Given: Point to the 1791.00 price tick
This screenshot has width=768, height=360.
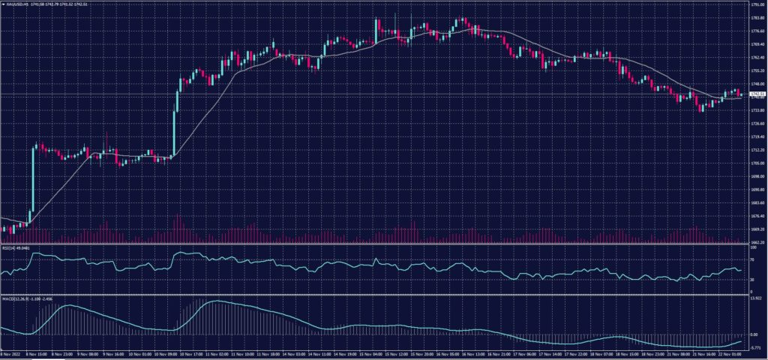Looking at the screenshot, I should point(757,4).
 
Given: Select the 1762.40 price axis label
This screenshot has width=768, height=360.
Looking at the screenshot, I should point(757,57).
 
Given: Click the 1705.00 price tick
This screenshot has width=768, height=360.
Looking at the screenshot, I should point(757,163).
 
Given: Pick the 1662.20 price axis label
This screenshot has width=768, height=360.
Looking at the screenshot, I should point(757,242).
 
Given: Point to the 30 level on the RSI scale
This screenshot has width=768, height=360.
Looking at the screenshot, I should point(753,280).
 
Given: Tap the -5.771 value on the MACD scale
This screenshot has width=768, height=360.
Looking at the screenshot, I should point(755,348).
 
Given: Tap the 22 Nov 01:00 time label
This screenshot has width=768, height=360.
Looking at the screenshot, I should point(721,355).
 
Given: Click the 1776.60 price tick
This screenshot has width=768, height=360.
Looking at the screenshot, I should point(757,31).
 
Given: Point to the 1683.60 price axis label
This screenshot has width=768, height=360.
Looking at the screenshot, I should point(757,202).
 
